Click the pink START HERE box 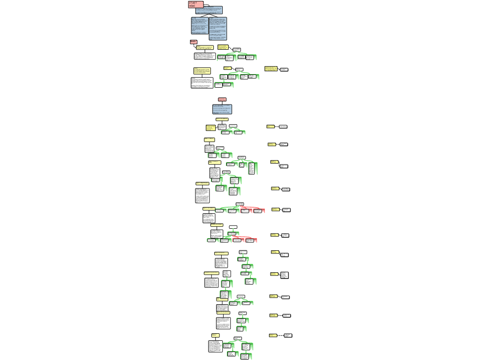click(x=195, y=5)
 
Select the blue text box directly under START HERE click(x=209, y=10)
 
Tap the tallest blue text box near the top click(x=217, y=28)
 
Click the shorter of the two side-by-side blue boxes click(x=200, y=25)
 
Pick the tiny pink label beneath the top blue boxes click(x=194, y=42)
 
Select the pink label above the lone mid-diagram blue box click(x=222, y=99)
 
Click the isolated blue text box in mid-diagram click(x=222, y=109)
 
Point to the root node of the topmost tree click(x=237, y=49)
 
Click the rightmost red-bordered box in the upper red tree click(x=259, y=211)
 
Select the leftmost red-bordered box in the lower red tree click(x=238, y=240)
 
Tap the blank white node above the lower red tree click(x=233, y=227)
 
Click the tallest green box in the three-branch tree click(x=253, y=168)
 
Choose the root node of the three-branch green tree click(x=242, y=157)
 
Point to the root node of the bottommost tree click(x=238, y=338)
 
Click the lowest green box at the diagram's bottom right click(x=246, y=356)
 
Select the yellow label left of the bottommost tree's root click(x=215, y=335)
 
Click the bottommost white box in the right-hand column click(x=288, y=335)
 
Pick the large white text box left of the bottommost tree click(x=216, y=346)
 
